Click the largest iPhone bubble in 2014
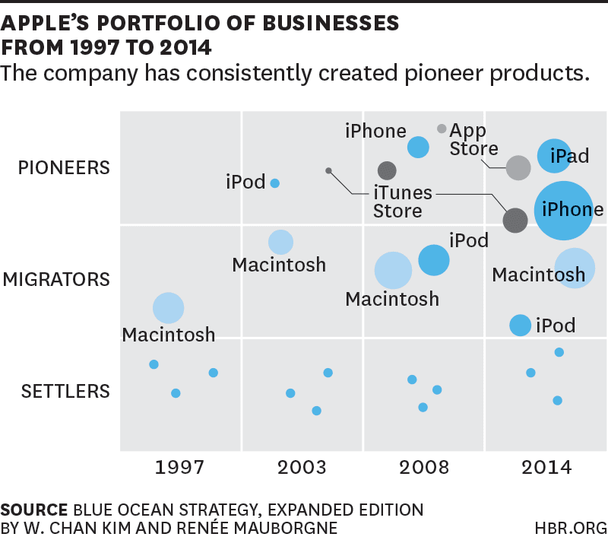564,210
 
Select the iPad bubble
555,155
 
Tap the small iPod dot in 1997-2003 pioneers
275,183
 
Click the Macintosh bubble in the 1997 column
169,308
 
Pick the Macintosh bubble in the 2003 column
280,242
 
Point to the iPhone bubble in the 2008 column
418,147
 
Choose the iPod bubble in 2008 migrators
434,260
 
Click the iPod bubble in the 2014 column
520,325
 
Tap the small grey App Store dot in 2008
442,129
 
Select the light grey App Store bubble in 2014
518,168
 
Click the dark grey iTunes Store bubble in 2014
515,220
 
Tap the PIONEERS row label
64,167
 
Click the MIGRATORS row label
56,280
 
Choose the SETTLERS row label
65,392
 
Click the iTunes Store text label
402,201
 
